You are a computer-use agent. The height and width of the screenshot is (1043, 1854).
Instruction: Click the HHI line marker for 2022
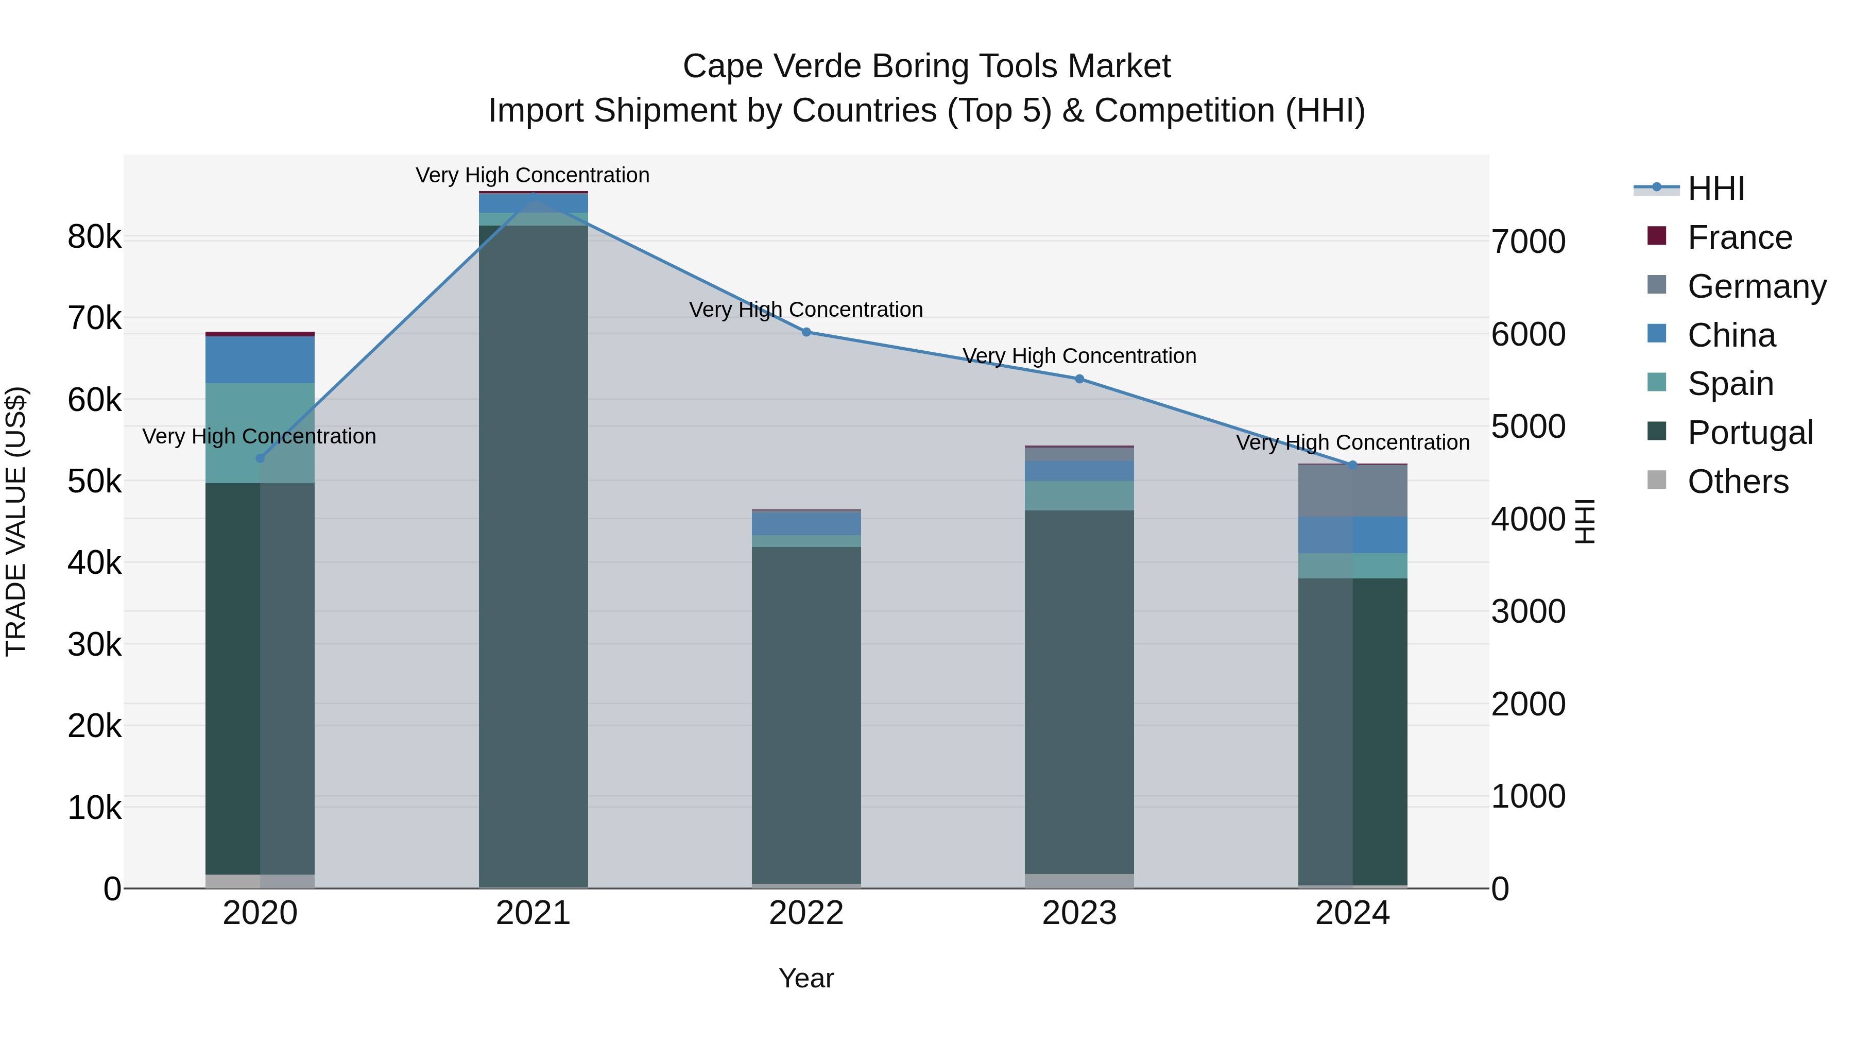[x=806, y=332]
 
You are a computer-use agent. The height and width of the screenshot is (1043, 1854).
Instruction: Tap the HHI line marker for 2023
[x=1079, y=379]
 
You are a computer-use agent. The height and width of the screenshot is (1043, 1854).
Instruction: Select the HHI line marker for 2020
[x=261, y=458]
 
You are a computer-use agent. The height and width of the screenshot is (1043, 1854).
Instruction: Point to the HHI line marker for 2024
[x=1352, y=465]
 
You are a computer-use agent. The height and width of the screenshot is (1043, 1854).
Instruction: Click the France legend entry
[x=1739, y=237]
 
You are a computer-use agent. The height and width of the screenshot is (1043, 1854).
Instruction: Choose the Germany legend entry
[x=1756, y=286]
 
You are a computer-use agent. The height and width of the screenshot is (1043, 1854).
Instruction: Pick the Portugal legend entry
[x=1749, y=433]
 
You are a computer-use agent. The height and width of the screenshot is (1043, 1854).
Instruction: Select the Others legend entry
[x=1738, y=482]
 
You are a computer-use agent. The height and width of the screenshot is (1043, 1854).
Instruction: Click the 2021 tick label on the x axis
[x=534, y=913]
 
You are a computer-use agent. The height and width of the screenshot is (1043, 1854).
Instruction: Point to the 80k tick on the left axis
[x=94, y=237]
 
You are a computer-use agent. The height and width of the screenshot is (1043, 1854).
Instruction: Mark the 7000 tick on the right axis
[x=1528, y=242]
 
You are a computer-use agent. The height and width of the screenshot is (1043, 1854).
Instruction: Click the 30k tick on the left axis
[x=94, y=644]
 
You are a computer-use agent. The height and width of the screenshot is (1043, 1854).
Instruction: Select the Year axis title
[x=806, y=978]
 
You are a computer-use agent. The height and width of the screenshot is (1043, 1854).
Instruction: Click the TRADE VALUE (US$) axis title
[x=16, y=521]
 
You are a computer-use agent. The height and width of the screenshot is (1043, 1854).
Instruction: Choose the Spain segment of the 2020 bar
[x=260, y=433]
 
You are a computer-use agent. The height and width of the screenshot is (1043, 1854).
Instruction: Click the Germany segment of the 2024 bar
[x=1352, y=490]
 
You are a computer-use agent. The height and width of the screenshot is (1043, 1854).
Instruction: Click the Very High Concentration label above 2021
[x=533, y=175]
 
